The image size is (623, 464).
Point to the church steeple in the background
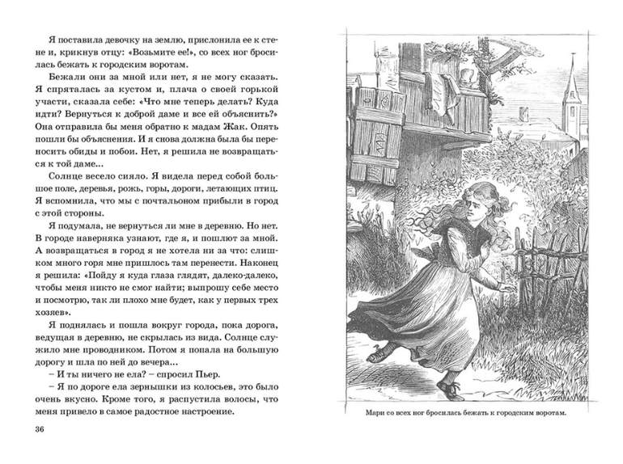572,89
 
